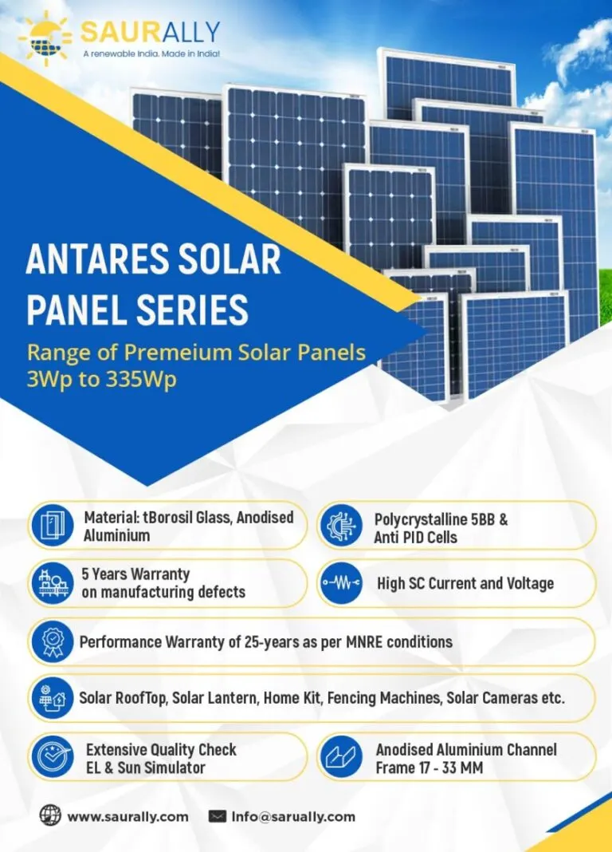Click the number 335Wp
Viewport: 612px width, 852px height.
pyautogui.click(x=141, y=379)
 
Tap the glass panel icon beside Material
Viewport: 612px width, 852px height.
pyautogui.click(x=53, y=526)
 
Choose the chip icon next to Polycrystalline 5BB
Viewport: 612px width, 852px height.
pyautogui.click(x=341, y=526)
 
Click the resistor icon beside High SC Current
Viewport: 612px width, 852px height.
pyautogui.click(x=341, y=583)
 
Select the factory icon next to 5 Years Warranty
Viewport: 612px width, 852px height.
pyautogui.click(x=53, y=583)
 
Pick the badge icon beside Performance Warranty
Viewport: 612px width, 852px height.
pyautogui.click(x=53, y=641)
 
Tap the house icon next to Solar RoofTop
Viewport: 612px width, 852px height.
pyautogui.click(x=53, y=698)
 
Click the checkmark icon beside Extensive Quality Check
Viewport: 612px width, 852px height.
pyautogui.click(x=53, y=756)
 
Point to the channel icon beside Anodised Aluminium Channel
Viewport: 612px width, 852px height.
pyautogui.click(x=341, y=756)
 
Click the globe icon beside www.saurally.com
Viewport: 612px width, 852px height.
pyautogui.click(x=50, y=815)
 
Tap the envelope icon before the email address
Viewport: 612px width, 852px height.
pyautogui.click(x=218, y=816)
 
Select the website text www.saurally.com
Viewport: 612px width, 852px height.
pyautogui.click(x=128, y=817)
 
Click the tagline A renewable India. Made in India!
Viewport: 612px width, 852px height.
pyautogui.click(x=151, y=53)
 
